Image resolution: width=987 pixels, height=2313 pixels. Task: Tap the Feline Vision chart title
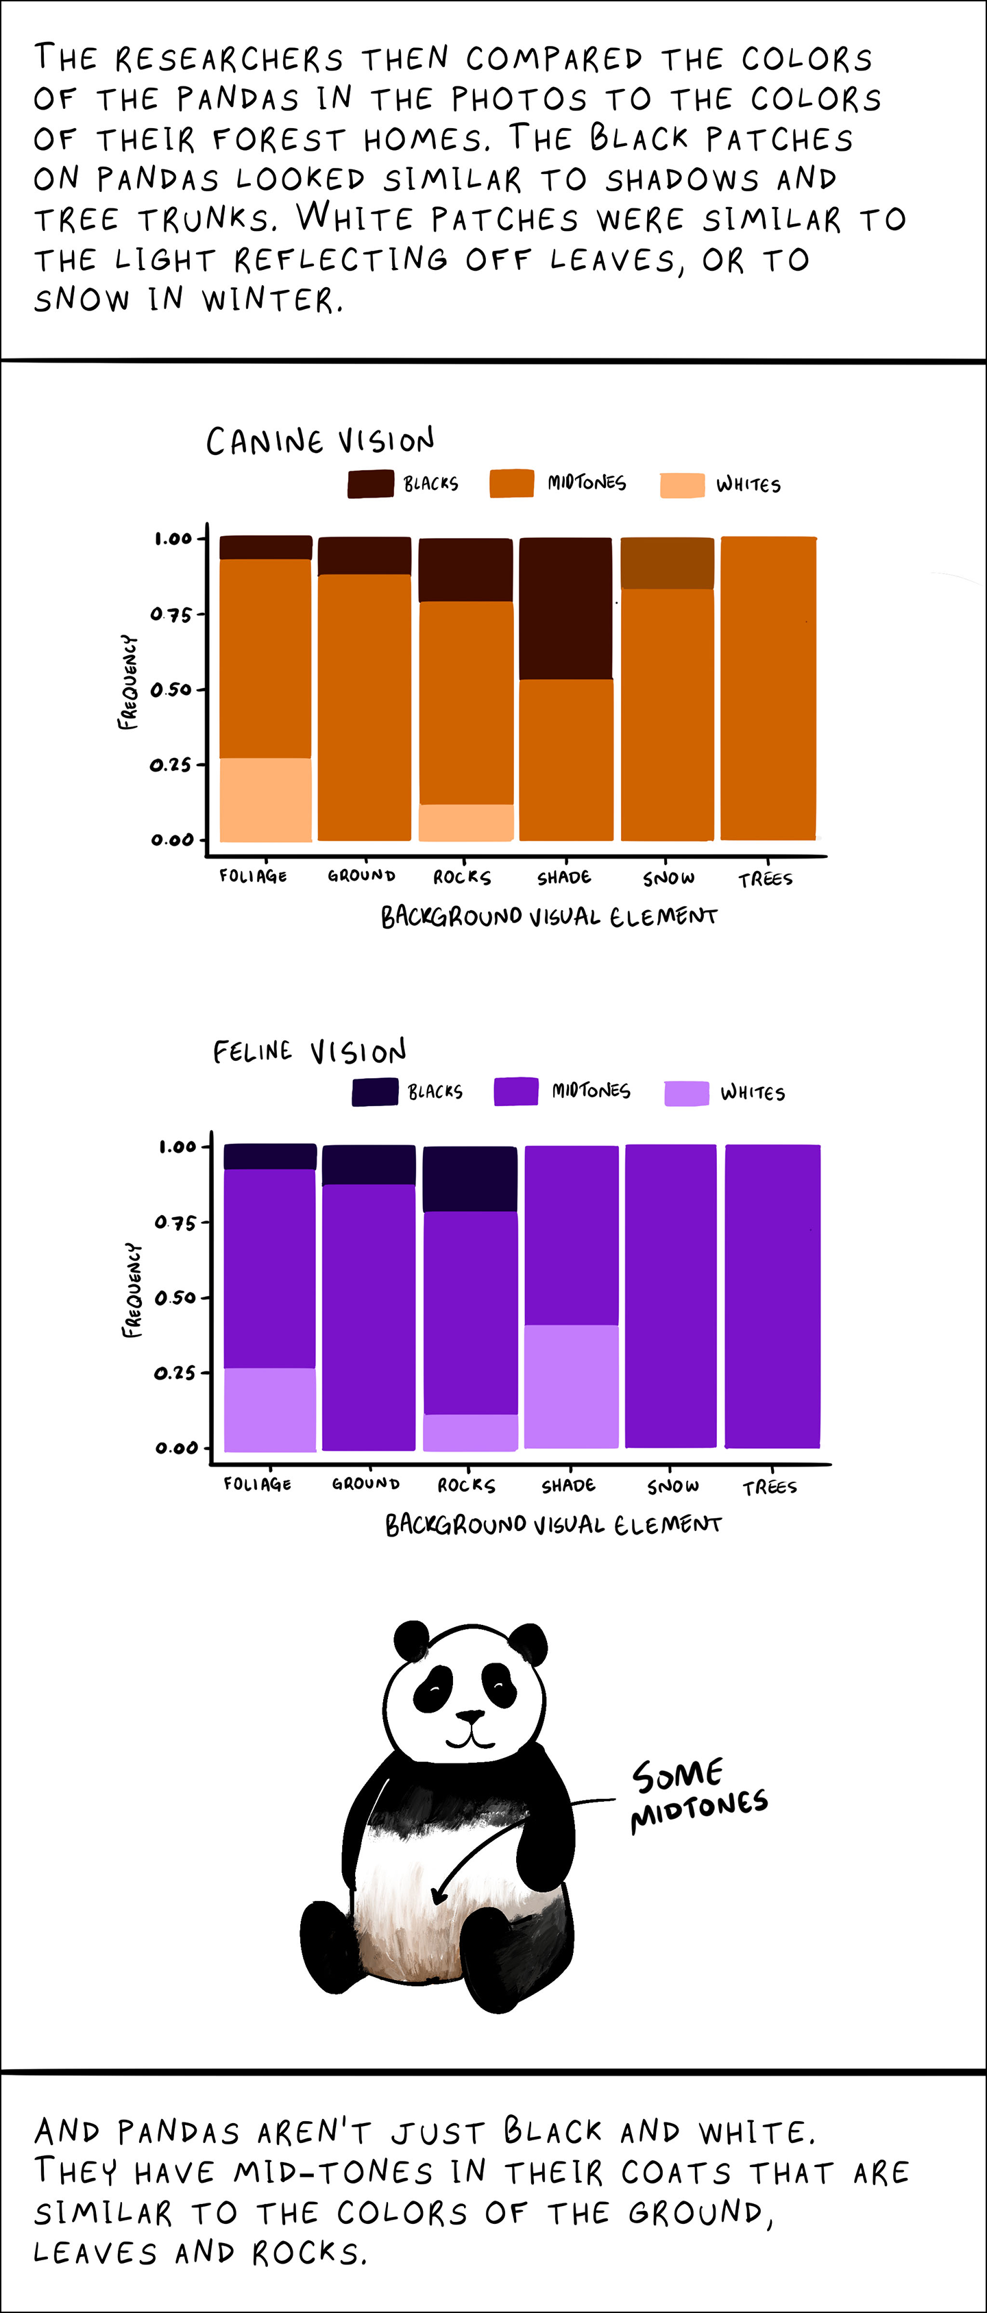click(309, 1051)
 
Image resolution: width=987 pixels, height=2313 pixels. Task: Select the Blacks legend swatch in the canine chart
click(370, 483)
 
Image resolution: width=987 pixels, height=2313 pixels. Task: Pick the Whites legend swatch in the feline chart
click(686, 1092)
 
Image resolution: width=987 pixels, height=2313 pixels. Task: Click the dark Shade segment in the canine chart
click(565, 608)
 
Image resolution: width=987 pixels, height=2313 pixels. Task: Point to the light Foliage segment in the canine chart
click(266, 799)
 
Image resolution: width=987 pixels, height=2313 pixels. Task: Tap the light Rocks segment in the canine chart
click(466, 822)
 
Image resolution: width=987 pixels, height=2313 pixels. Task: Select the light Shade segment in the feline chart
click(571, 1386)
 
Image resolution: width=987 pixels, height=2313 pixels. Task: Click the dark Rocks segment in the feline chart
click(470, 1178)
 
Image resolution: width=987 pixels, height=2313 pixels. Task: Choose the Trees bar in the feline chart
click(772, 1296)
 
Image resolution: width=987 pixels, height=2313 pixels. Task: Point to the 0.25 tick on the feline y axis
click(175, 1373)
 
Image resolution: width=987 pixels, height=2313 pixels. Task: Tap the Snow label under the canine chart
click(668, 878)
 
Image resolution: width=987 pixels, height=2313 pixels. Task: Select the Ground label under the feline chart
click(365, 1483)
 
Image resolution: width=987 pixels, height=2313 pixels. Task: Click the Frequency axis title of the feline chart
click(132, 1290)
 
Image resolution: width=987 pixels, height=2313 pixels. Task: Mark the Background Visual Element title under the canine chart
click(549, 917)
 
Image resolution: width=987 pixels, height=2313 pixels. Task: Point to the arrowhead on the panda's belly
click(437, 1894)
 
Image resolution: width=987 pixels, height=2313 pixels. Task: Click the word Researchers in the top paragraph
click(229, 59)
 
